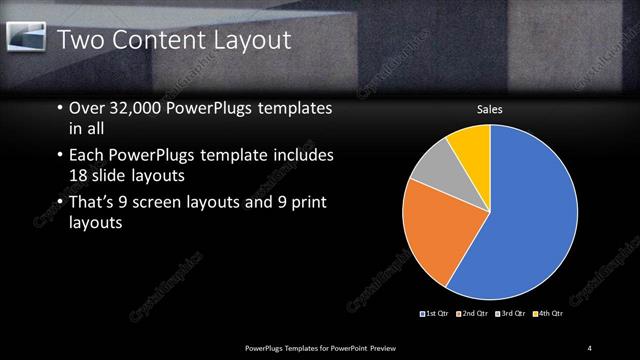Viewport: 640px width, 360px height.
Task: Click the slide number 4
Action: click(x=590, y=347)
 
